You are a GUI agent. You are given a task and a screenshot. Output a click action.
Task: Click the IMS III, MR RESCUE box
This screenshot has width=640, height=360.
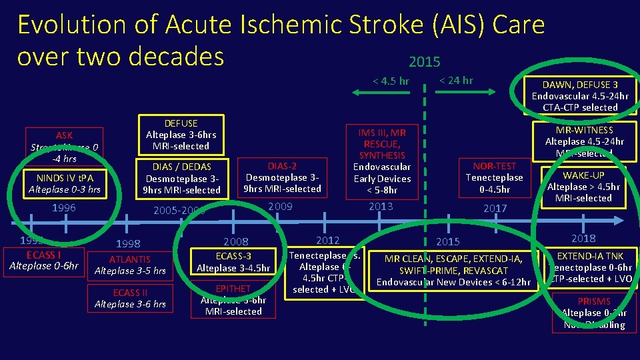tap(381, 161)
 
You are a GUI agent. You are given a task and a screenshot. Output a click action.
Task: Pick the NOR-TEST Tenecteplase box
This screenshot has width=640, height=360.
tap(494, 177)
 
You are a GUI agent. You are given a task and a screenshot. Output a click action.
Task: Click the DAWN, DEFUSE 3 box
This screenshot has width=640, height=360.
tap(579, 96)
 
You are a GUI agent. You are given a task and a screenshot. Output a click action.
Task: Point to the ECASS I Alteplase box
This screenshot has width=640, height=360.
tap(44, 261)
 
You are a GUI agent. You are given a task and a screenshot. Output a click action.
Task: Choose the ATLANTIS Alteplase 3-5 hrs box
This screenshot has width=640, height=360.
tap(130, 265)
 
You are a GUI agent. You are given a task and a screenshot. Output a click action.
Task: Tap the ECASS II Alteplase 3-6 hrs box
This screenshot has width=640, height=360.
tap(130, 299)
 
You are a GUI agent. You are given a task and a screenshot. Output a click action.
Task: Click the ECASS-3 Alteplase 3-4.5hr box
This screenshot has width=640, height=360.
tap(233, 262)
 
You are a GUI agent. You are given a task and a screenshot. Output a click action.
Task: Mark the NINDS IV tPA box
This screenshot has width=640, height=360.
tap(65, 184)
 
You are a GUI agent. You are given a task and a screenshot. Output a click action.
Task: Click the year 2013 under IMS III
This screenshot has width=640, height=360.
tap(381, 207)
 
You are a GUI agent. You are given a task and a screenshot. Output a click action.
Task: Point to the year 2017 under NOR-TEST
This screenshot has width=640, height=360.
tap(495, 208)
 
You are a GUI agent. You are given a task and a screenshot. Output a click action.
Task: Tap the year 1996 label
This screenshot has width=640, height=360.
tap(64, 208)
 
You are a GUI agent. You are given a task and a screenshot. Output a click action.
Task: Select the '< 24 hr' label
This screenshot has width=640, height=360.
tap(457, 81)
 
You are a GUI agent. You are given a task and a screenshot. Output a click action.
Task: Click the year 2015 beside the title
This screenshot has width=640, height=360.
tap(424, 62)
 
